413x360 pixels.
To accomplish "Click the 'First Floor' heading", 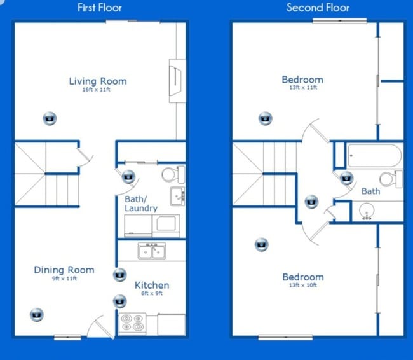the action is [100, 8].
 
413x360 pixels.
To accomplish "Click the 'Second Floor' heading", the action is [318, 8].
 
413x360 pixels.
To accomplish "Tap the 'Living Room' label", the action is [98, 81].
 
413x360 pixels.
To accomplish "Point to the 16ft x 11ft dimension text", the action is [96, 90].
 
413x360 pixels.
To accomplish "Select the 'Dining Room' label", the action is [64, 270].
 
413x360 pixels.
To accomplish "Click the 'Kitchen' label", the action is [152, 286].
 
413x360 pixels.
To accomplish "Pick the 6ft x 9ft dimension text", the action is [152, 293].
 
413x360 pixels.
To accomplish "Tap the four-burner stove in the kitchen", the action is [132, 322].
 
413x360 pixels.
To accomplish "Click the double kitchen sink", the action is [152, 251].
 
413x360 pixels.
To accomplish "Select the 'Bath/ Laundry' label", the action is [141, 204].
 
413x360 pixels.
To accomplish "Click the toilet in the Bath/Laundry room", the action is [173, 174].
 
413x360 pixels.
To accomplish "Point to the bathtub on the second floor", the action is [374, 156].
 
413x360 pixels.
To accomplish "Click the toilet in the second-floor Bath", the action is [391, 179].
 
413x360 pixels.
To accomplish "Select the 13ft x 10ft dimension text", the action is [303, 286].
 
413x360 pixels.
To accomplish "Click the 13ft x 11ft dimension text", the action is [303, 88].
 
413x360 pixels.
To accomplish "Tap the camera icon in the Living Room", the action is [50, 118].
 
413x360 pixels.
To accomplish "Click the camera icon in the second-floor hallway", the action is [311, 202].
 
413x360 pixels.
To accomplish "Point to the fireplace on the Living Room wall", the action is [177, 81].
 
